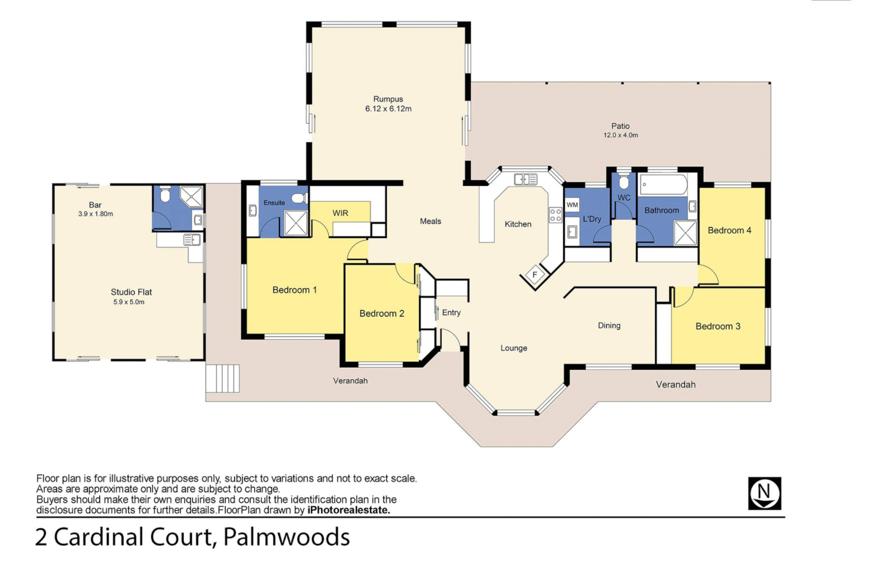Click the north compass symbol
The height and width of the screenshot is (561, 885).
pos(764,493)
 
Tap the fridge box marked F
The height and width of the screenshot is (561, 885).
pos(535,275)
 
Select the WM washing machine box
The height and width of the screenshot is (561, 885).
pos(572,205)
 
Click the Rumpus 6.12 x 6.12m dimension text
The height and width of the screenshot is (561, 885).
pos(388,109)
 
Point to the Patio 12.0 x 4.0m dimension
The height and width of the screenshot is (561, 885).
pos(620,135)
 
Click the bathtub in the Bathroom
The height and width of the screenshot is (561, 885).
pos(664,184)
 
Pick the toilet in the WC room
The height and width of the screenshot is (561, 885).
pos(624,182)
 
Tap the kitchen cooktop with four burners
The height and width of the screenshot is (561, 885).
pos(556,215)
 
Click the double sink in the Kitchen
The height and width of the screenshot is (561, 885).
pos(525,180)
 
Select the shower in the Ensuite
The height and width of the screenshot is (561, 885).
pos(296,223)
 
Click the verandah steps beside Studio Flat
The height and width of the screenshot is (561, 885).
pos(222,378)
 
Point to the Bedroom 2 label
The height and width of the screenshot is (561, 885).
pos(381,313)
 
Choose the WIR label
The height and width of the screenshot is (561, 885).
pos(340,213)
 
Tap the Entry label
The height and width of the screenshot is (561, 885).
pos(451,312)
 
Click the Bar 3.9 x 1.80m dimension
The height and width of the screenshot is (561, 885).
pos(96,213)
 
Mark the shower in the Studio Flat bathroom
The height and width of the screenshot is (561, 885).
pos(192,196)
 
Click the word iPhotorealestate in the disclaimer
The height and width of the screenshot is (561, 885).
pos(348,510)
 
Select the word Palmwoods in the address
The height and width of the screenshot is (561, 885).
pos(286,537)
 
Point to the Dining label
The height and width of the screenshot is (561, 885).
pos(609,325)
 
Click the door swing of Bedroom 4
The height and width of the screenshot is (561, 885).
pos(707,275)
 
